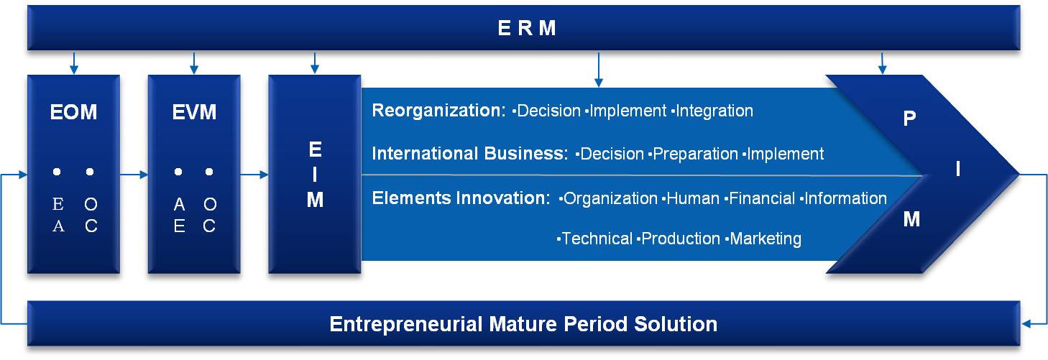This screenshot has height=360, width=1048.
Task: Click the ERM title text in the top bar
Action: pyautogui.click(x=527, y=28)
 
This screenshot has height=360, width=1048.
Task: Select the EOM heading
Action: pyautogui.click(x=73, y=112)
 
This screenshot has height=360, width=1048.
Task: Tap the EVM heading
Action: pyautogui.click(x=194, y=112)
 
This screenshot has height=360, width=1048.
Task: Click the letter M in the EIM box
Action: pyautogui.click(x=315, y=200)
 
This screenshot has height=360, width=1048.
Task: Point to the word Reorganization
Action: pyautogui.click(x=438, y=111)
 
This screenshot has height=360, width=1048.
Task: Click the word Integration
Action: pyautogui.click(x=714, y=111)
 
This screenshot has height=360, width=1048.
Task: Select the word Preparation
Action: pyautogui.click(x=695, y=154)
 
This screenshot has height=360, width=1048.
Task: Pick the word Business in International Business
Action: pyautogui.click(x=526, y=153)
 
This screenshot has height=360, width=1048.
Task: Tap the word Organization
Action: pyautogui.click(x=610, y=199)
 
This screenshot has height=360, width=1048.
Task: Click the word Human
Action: pyautogui.click(x=693, y=199)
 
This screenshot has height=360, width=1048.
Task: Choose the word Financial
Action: pyautogui.click(x=762, y=199)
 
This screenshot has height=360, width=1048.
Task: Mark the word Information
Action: pyautogui.click(x=845, y=199)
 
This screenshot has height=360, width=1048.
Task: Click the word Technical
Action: pyautogui.click(x=597, y=239)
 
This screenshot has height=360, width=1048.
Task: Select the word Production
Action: pyautogui.click(x=681, y=239)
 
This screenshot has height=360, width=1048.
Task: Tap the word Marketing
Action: pyautogui.click(x=766, y=239)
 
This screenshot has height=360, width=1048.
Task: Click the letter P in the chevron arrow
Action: pyautogui.click(x=909, y=119)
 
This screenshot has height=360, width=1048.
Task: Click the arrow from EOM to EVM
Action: pyautogui.click(x=134, y=175)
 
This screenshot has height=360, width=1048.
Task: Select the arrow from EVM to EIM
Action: pyautogui.click(x=254, y=175)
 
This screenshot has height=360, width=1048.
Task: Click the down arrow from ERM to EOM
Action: pyautogui.click(x=73, y=63)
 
